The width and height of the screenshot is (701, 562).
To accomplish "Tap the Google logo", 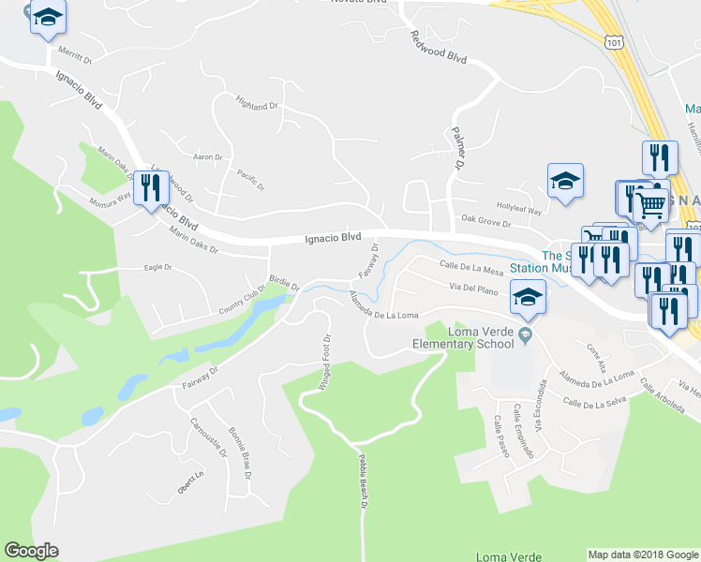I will (x=31, y=551).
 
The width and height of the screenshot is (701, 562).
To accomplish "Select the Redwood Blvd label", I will (x=438, y=46).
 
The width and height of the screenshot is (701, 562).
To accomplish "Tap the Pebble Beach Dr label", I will (x=363, y=481).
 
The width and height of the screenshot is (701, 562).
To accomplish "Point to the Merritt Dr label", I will (x=76, y=56).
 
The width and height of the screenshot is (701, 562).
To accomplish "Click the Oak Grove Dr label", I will (x=485, y=223).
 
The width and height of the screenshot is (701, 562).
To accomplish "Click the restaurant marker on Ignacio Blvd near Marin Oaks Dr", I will (x=150, y=188).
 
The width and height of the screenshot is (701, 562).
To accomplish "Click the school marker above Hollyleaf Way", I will (x=565, y=180).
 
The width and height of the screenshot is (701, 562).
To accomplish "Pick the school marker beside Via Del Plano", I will (x=528, y=296).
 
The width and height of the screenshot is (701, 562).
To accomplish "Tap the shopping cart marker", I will (x=650, y=202).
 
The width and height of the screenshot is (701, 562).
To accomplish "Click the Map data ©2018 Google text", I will (x=643, y=555).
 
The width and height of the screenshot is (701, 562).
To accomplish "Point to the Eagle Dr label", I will (x=158, y=267).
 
